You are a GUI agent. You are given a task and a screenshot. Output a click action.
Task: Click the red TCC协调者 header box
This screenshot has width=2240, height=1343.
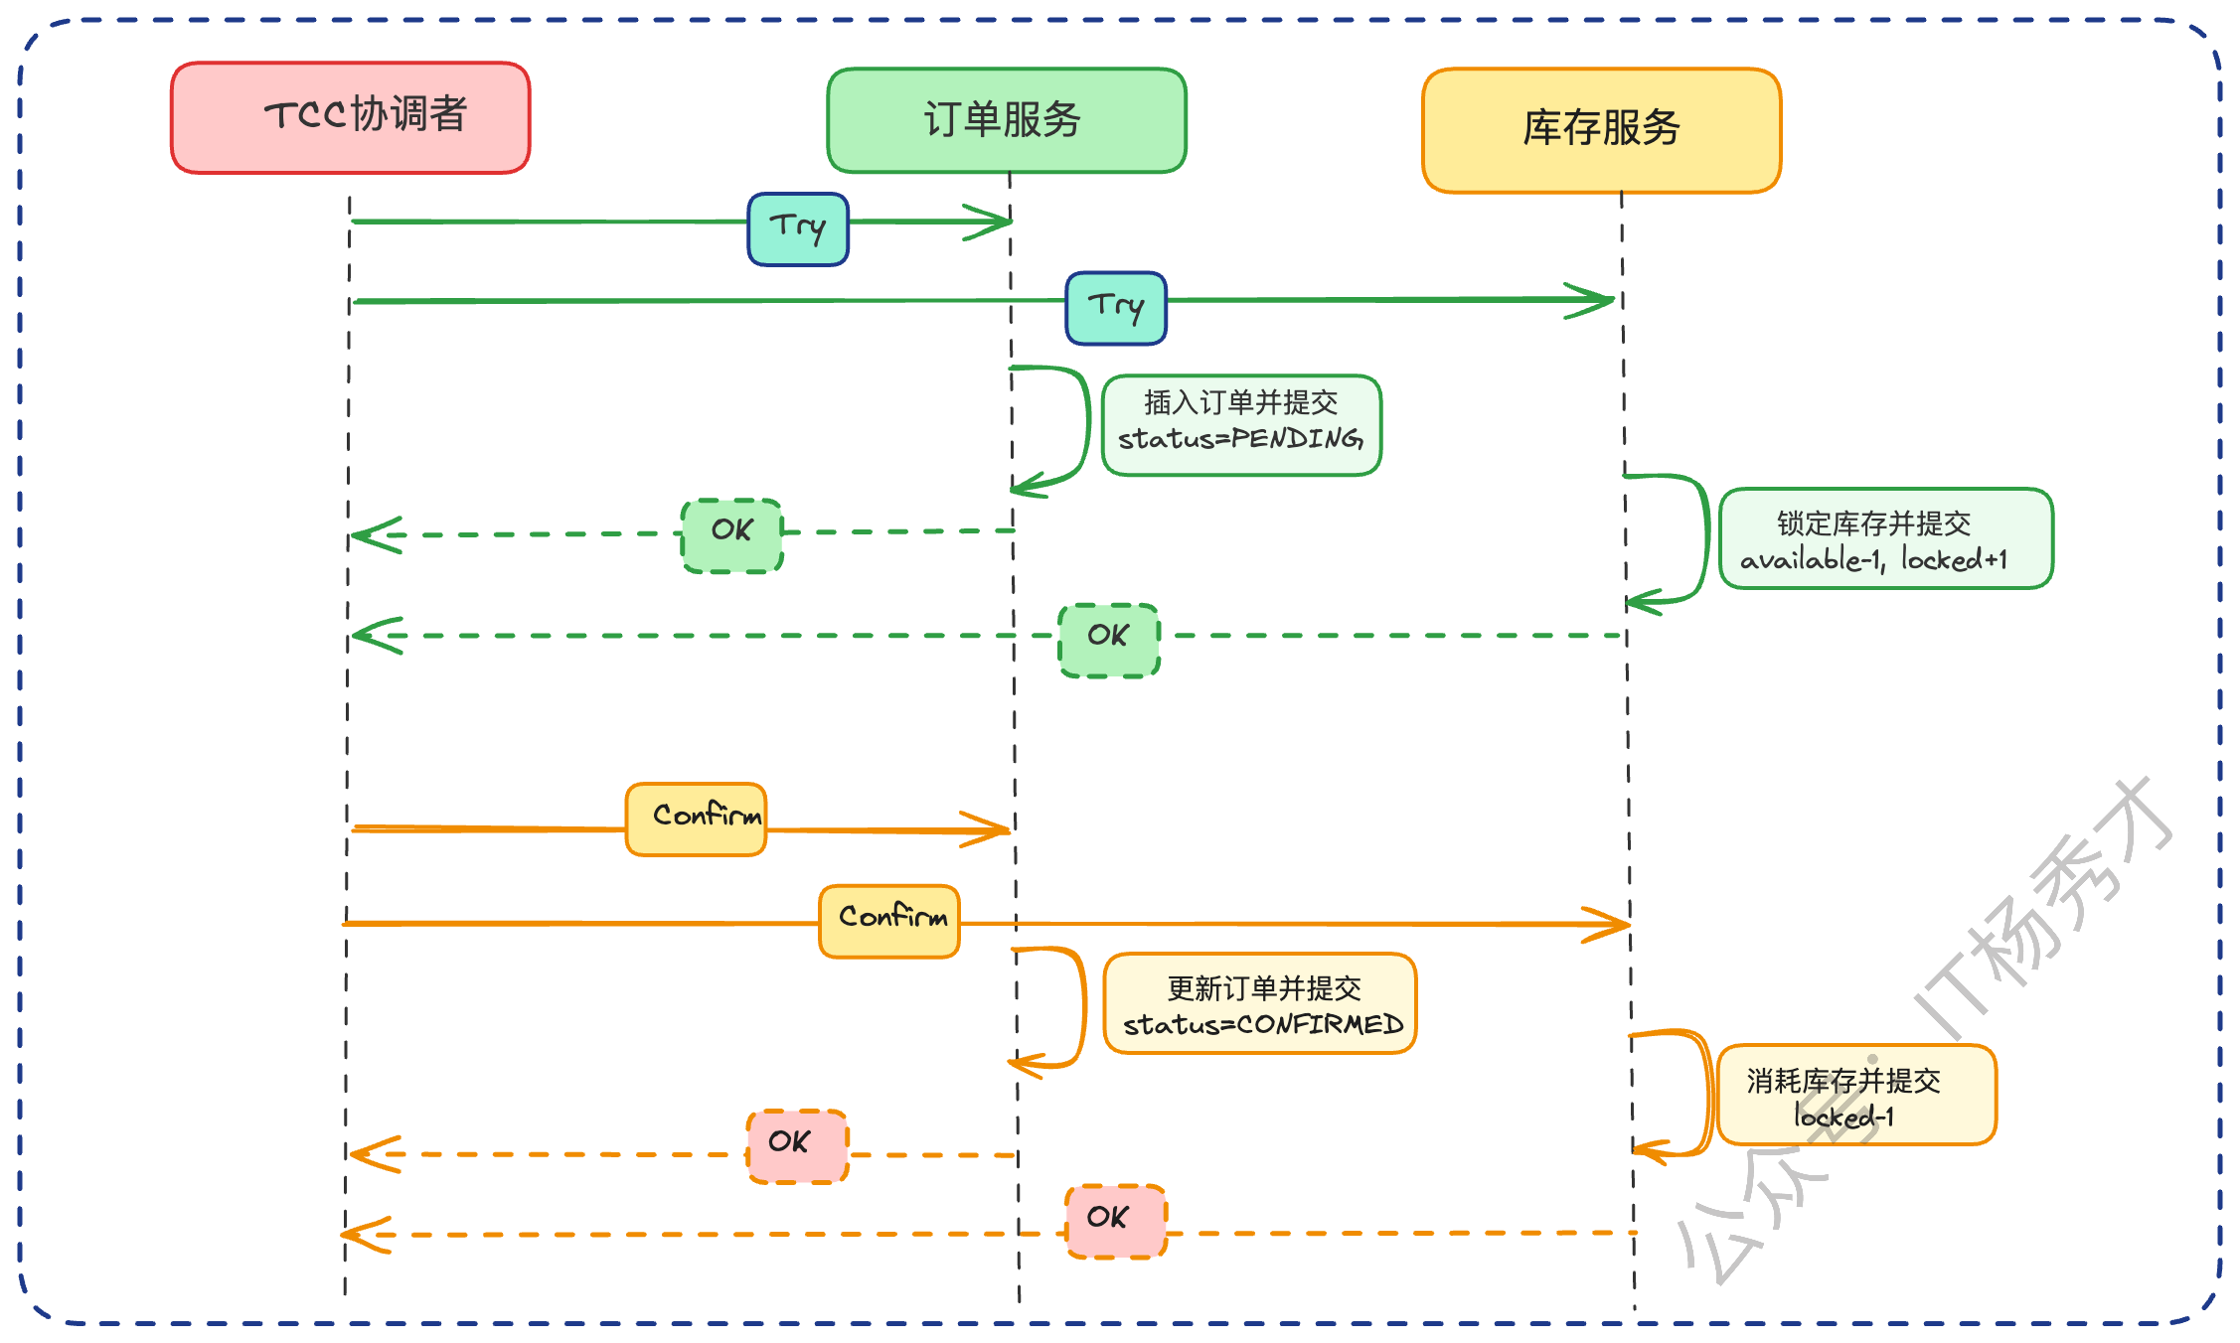350,117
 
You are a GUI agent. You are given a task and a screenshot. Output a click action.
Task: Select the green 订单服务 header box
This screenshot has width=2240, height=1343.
1006,120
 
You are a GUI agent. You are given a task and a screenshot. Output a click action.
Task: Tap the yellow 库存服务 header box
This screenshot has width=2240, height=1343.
1601,129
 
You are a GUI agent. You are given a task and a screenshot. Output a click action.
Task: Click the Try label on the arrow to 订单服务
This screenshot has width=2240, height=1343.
798,229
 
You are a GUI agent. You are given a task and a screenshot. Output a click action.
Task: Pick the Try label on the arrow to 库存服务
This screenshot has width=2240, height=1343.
1116,308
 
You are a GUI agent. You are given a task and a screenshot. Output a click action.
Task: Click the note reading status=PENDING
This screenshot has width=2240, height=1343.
1241,425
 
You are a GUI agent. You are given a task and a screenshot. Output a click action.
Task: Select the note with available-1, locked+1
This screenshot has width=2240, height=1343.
1885,538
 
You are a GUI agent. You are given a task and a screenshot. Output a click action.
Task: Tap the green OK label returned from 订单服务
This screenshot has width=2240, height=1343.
732,535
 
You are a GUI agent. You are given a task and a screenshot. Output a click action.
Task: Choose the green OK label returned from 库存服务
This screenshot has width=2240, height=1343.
1109,640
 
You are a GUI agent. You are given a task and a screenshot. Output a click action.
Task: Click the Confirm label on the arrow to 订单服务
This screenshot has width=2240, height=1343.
696,819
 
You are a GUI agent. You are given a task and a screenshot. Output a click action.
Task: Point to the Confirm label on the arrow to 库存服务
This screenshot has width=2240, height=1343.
889,921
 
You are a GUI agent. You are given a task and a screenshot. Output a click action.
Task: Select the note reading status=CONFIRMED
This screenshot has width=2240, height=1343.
1259,1003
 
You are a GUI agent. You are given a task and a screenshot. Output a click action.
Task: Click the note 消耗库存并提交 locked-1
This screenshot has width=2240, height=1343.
1855,1095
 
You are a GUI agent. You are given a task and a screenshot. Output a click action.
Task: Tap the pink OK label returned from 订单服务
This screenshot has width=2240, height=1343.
797,1146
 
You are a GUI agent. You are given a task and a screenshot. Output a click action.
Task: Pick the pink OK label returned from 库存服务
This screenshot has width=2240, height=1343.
1115,1221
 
